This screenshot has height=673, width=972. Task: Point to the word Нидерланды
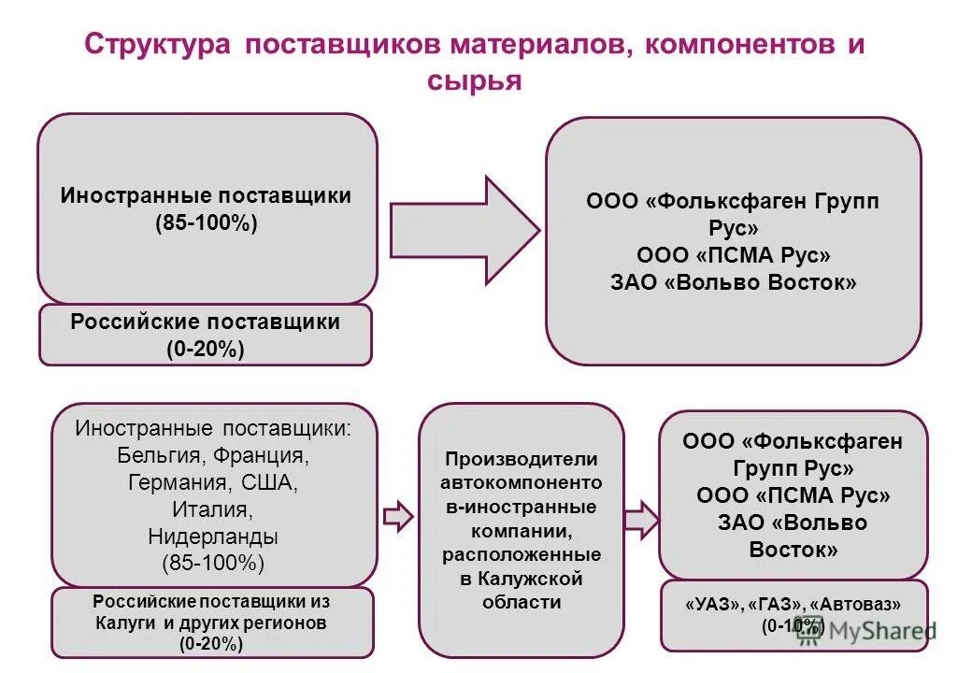pyautogui.click(x=214, y=537)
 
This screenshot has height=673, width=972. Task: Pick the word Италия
pyautogui.click(x=213, y=510)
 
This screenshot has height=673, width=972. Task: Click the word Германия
pyautogui.click(x=179, y=483)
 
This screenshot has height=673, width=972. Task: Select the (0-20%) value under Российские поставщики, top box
pyautogui.click(x=205, y=350)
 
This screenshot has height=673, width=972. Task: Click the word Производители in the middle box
pyautogui.click(x=521, y=459)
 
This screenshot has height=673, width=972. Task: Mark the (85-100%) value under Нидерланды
pyautogui.click(x=214, y=564)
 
